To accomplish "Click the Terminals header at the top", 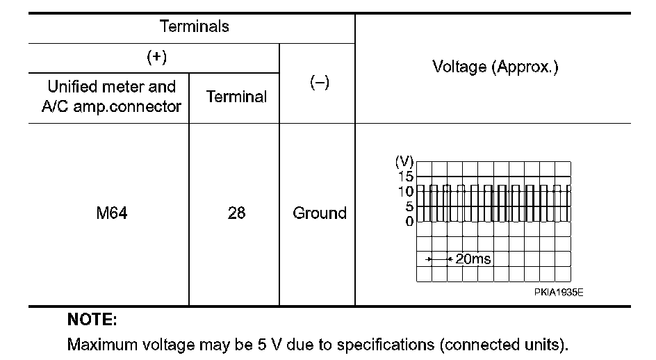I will point(194,27).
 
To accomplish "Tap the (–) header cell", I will point(318,82).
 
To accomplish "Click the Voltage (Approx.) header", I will point(495,67).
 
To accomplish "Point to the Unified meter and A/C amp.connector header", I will point(111,97).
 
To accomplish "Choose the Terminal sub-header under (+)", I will point(236,97).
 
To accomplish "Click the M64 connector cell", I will point(112,213).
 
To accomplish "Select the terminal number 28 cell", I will point(236,213).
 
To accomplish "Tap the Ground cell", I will point(319,213).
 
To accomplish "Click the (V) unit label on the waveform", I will point(404,161).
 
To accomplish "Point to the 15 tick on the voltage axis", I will point(406,176).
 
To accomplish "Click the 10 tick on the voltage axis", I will point(406,191).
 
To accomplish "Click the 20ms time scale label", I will point(473,259).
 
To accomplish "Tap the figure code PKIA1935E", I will point(559,292).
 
